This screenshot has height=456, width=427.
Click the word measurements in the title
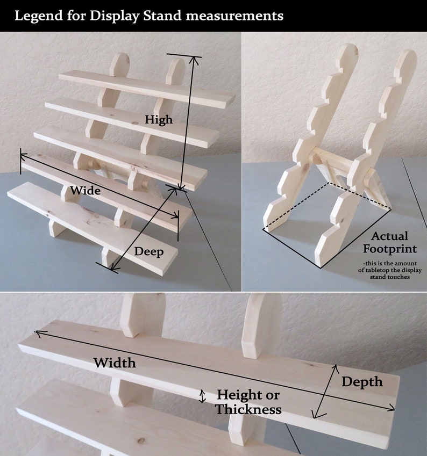click(234, 16)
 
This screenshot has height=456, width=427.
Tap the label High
click(159, 119)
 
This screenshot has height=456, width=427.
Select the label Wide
click(85, 190)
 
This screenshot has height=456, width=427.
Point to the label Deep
click(149, 251)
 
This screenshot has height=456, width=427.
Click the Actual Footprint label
click(389, 242)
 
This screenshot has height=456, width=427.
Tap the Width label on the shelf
click(115, 363)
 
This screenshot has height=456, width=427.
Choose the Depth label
click(362, 382)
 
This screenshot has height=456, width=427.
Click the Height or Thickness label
click(248, 402)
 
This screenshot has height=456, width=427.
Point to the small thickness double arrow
click(203, 396)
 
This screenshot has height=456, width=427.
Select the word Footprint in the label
click(389, 249)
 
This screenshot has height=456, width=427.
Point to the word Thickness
click(248, 409)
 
